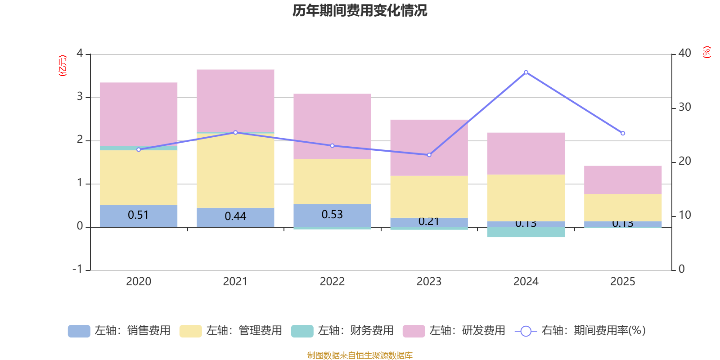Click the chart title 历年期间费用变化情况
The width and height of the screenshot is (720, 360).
pyautogui.click(x=360, y=10)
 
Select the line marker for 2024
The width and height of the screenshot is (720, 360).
pyautogui.click(x=526, y=72)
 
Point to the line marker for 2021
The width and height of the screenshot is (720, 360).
pyautogui.click(x=235, y=132)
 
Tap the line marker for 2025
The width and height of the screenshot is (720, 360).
pyautogui.click(x=623, y=133)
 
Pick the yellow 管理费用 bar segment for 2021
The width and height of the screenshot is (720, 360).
pyautogui.click(x=235, y=171)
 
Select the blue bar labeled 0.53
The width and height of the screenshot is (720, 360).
pyautogui.click(x=332, y=215)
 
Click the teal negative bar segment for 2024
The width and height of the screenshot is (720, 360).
pyautogui.click(x=526, y=232)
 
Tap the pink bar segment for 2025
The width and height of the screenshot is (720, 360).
pyautogui.click(x=623, y=180)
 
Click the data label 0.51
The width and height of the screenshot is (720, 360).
pyautogui.click(x=138, y=215)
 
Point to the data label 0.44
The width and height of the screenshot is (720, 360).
pyautogui.click(x=235, y=216)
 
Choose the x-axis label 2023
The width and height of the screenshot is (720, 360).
pyautogui.click(x=429, y=282)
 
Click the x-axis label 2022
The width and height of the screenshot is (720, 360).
pyautogui.click(x=332, y=282)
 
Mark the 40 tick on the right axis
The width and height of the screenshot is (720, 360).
pyautogui.click(x=684, y=53)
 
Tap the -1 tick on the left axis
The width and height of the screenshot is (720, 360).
pyautogui.click(x=78, y=269)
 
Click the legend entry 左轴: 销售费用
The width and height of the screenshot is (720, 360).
pyautogui.click(x=119, y=331)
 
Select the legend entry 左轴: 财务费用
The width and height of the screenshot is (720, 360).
pyautogui.click(x=342, y=331)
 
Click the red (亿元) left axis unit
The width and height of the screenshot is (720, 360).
pyautogui.click(x=63, y=66)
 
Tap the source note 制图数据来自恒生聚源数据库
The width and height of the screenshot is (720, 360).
pyautogui.click(x=360, y=355)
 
